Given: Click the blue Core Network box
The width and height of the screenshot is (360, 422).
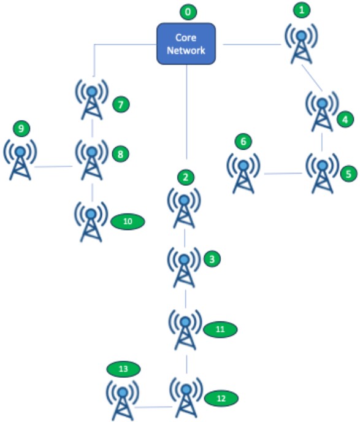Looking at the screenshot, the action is coord(186,44).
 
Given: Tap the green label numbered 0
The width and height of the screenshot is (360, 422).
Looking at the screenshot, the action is coord(188,12).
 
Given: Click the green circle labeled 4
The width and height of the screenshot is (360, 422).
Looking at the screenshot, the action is coord(345,119).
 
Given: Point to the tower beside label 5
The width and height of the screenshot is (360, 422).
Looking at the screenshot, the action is coord(322,174).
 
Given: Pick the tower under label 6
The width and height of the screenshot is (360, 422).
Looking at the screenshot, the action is coord(243,174).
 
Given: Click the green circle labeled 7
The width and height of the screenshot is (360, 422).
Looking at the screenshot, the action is coord(121,104).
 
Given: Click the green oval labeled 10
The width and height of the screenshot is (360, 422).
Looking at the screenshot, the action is coord(128,221).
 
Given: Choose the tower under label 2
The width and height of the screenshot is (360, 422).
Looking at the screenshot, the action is coord(184,208).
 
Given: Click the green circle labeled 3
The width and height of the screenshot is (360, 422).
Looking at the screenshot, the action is coord(212,259).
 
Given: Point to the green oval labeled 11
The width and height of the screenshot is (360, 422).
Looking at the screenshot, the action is coord(220,329).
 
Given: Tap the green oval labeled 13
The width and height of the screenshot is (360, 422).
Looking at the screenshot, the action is coord(123,369).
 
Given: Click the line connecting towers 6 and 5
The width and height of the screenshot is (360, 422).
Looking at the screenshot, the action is coord(283,174).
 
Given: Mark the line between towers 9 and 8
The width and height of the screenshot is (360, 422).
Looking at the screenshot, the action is coord(53,167).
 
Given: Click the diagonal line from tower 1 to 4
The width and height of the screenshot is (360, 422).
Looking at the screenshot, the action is coord(312,77).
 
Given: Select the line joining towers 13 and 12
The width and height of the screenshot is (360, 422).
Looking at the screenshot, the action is coord(153,407).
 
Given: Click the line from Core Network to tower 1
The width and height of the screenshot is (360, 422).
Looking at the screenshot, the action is coord(252,44).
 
